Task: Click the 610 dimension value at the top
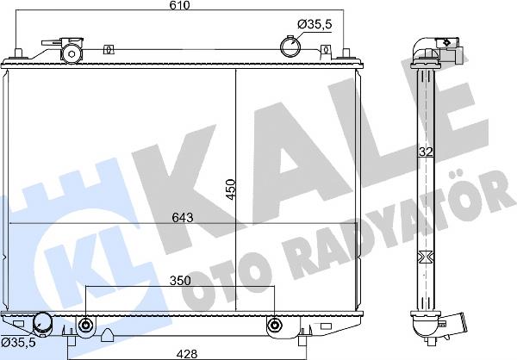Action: click(180, 5)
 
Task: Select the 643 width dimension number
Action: click(183, 218)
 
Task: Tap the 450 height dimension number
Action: click(231, 189)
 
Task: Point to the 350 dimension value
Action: click(180, 281)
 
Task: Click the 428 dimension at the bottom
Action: click(187, 354)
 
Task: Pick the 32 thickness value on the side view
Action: click(426, 152)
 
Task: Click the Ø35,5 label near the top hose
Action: click(315, 24)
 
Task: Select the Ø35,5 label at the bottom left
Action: click(18, 343)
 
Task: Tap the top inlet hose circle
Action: click(290, 47)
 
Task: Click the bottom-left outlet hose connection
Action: click(43, 324)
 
